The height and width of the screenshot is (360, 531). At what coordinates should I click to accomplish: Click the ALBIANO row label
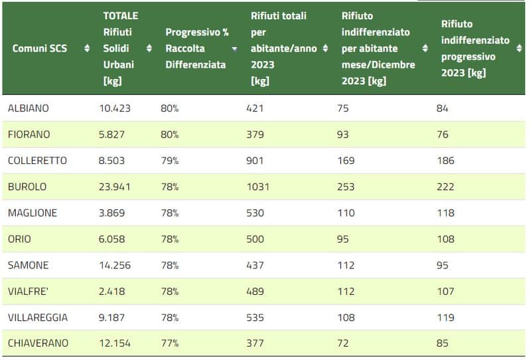click(28, 108)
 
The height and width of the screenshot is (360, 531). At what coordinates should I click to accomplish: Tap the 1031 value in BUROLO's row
click(260, 187)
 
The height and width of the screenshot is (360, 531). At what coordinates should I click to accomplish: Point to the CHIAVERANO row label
click(38, 343)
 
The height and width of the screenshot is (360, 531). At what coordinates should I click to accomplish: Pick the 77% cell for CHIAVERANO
click(169, 343)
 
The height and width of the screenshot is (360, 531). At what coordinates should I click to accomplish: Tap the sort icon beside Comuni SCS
click(86, 48)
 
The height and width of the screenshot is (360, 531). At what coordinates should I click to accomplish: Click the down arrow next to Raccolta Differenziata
click(234, 48)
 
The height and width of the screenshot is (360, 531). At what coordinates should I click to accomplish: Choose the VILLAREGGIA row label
click(38, 317)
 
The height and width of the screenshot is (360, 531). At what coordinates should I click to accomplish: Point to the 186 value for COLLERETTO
click(445, 161)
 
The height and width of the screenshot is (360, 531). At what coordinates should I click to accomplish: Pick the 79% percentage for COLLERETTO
click(169, 161)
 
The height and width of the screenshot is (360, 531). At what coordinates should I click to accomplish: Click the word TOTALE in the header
click(121, 16)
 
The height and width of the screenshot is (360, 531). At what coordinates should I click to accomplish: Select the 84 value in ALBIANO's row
click(442, 108)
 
